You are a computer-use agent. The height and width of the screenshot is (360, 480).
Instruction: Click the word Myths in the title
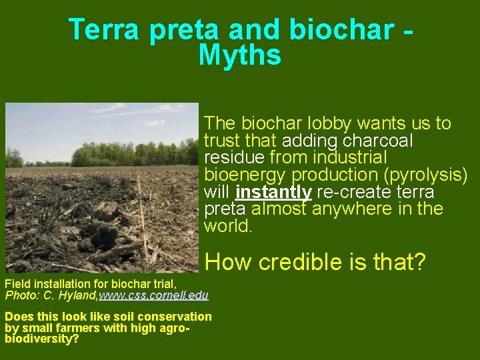[240, 55]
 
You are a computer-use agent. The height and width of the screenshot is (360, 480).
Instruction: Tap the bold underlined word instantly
[273, 192]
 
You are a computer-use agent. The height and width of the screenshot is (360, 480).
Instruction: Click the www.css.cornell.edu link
[153, 295]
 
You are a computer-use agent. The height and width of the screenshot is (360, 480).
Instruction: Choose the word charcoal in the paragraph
[379, 141]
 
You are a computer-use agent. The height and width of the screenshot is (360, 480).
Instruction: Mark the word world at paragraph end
[227, 226]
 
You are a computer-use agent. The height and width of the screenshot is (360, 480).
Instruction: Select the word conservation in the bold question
[177, 317]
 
